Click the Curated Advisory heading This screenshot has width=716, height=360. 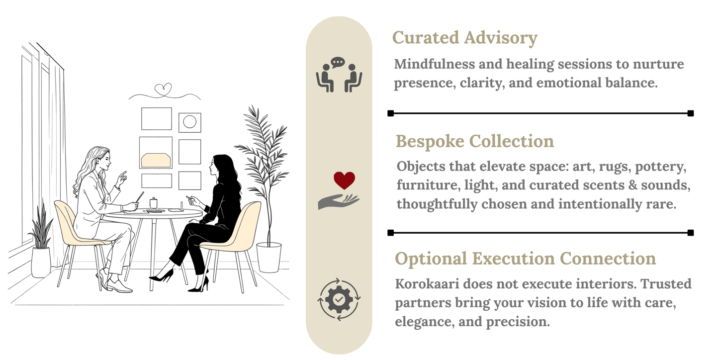click(x=465, y=38)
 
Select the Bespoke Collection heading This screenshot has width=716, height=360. click(x=475, y=141)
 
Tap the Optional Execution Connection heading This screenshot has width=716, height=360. click(x=525, y=259)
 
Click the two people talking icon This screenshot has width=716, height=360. click(x=339, y=75)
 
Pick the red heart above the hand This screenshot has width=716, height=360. click(x=344, y=180)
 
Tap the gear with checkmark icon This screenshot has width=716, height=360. click(x=339, y=299)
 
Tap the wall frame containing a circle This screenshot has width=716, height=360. click(x=189, y=122)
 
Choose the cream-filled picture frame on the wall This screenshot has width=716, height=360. click(x=156, y=159)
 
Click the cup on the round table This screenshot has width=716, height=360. click(x=154, y=202)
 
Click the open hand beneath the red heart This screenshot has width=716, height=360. click(x=338, y=201)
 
